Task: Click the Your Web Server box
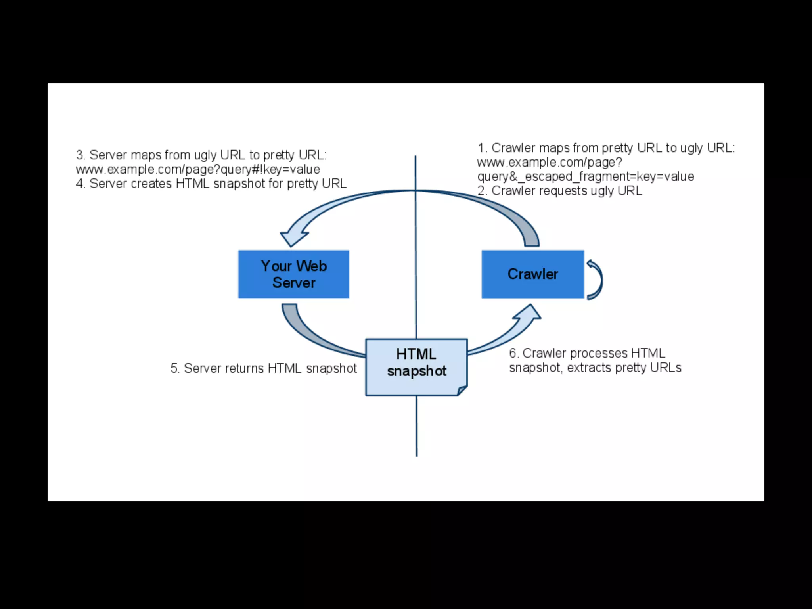tap(293, 274)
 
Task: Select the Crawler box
tap(532, 274)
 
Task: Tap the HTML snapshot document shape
tap(416, 367)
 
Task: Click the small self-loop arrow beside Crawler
tap(596, 279)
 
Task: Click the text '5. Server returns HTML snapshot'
tap(264, 368)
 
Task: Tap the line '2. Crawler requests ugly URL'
tap(560, 191)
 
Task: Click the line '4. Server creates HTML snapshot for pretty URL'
tap(211, 184)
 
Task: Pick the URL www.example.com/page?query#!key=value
tap(198, 169)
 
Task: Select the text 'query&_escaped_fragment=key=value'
tap(586, 176)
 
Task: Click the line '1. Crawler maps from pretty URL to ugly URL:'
tap(606, 148)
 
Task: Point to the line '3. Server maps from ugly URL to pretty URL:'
tap(201, 155)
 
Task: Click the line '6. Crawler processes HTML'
tap(587, 353)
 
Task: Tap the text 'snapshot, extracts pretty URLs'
tap(595, 368)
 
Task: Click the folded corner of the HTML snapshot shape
tap(462, 391)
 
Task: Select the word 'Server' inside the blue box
tap(294, 283)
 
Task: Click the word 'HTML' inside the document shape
tap(416, 354)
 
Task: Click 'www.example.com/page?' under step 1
tap(550, 162)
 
